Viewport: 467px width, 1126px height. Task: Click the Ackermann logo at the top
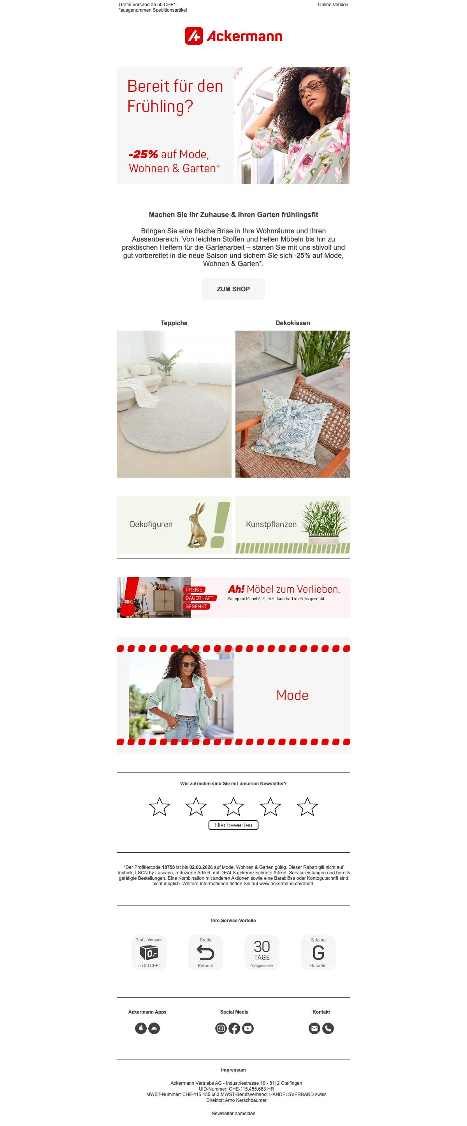[x=233, y=36]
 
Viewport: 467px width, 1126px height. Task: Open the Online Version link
[x=333, y=5]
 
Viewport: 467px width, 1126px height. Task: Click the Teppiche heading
[x=174, y=323]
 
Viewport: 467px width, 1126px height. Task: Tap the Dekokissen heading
[x=293, y=323]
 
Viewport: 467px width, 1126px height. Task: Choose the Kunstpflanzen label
[x=271, y=524]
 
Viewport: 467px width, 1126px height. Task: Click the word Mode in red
[x=292, y=695]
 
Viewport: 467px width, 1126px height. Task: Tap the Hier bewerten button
[x=233, y=825]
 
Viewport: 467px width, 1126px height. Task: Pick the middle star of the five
[x=233, y=806]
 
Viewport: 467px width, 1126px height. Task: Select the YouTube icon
[x=248, y=1028]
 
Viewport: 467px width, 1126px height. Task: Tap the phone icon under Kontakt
[x=328, y=1028]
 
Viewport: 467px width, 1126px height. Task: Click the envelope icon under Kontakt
[x=314, y=1028]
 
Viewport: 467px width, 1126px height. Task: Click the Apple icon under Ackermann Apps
[x=141, y=1028]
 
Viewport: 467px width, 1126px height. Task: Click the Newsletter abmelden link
[x=233, y=1113]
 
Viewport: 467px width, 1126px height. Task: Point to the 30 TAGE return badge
[x=262, y=953]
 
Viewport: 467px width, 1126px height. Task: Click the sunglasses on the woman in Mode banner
[x=190, y=665]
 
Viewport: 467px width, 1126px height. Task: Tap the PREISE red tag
[x=194, y=590]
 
